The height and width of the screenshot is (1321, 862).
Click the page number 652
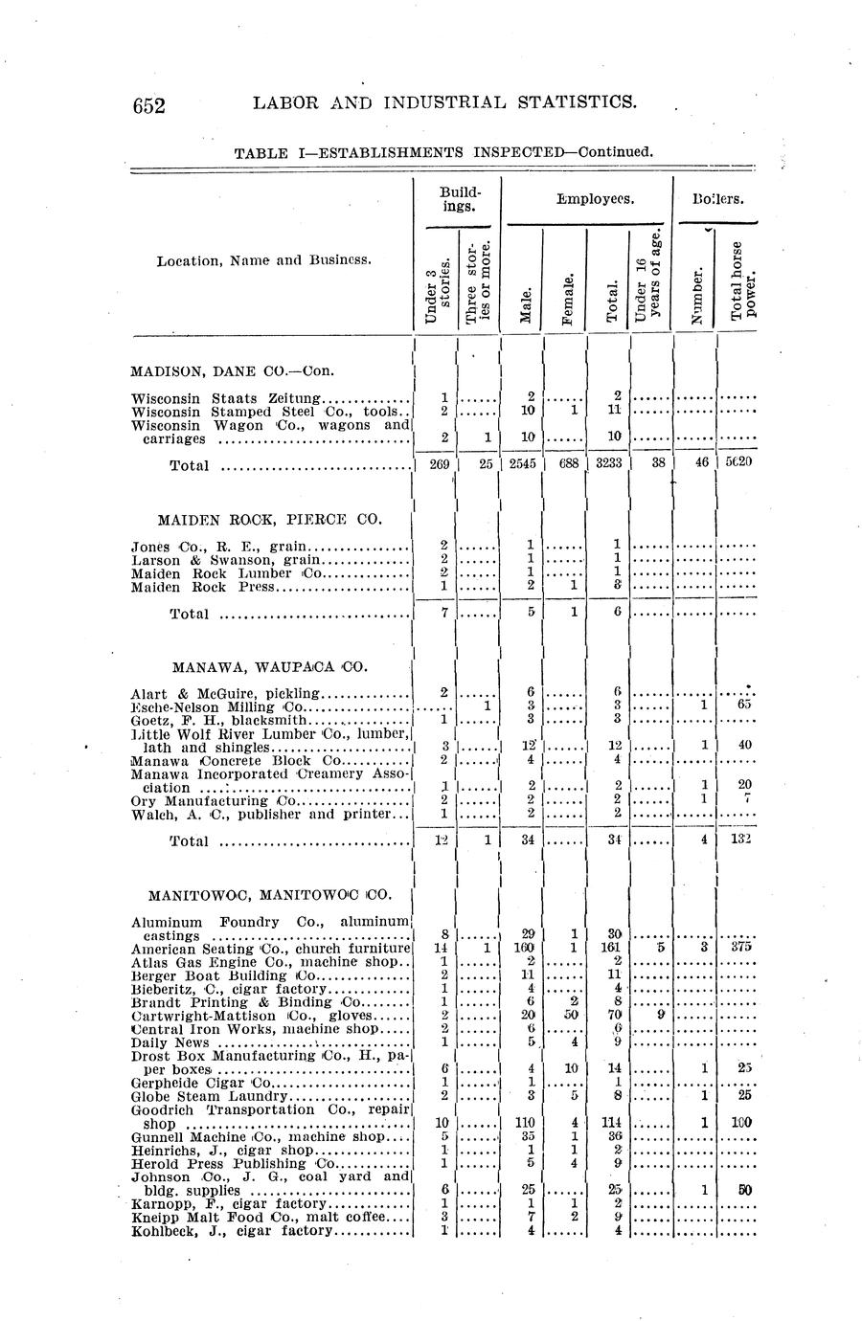[150, 104]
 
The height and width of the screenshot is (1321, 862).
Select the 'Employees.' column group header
[586, 199]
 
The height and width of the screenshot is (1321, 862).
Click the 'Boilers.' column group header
[718, 199]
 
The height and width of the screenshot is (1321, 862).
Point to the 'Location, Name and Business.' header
[264, 260]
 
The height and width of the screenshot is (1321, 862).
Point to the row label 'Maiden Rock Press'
[202, 587]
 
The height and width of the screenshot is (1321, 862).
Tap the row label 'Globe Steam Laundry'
[209, 1096]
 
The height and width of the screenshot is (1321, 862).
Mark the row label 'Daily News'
[170, 1042]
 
